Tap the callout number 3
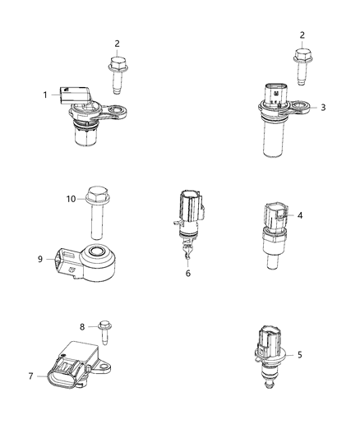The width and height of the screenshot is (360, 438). click(x=324, y=107)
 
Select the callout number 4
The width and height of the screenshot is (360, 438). click(x=324, y=215)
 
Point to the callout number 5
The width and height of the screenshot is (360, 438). click(x=323, y=355)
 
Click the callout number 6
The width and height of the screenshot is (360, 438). click(x=188, y=273)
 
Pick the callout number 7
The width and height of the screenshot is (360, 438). click(x=30, y=376)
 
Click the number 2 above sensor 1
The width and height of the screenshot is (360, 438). click(x=117, y=43)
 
